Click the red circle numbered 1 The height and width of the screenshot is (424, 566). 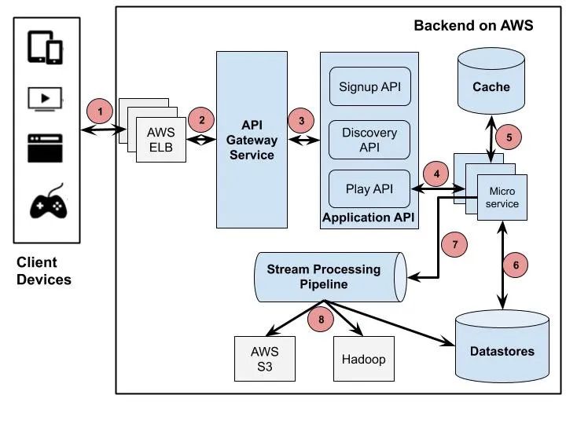[x=99, y=110]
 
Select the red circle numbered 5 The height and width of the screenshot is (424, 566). [x=509, y=136]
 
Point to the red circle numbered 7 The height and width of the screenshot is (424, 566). [x=454, y=243]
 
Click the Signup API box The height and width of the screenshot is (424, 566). [x=369, y=86]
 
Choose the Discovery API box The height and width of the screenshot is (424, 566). [x=369, y=139]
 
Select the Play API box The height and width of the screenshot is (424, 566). [x=369, y=188]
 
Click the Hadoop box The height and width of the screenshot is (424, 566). [x=363, y=358]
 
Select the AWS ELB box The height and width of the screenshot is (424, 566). [x=161, y=140]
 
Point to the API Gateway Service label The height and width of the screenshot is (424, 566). [x=252, y=140]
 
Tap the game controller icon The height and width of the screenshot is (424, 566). [x=48, y=204]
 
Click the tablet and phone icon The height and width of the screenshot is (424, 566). [x=45, y=48]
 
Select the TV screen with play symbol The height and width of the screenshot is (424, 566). [x=45, y=98]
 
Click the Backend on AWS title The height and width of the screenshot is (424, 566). [x=473, y=26]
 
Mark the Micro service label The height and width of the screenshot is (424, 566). [x=503, y=197]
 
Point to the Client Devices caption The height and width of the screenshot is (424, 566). [x=44, y=271]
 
